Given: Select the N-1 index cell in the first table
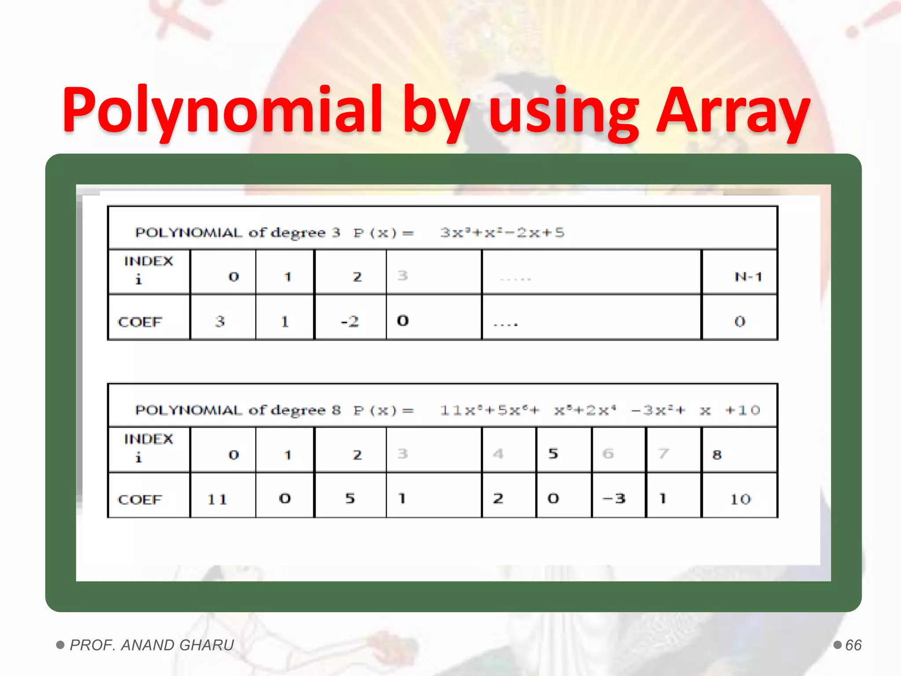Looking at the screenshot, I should tap(748, 277).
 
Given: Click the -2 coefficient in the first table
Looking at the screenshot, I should tap(350, 322).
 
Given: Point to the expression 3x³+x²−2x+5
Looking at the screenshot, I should tap(502, 232).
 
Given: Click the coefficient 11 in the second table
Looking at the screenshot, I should tap(217, 500).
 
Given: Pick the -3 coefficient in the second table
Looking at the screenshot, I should tap(614, 499).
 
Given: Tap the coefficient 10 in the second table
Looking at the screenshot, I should tap(740, 499).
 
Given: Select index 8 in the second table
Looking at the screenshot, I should tap(717, 455).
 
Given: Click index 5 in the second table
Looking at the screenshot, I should tap(553, 454).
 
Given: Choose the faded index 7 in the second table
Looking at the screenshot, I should tap(663, 453).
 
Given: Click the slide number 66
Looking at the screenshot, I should tap(853, 645).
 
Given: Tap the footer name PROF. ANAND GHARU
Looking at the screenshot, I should tap(152, 645).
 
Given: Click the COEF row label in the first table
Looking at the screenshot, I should tap(140, 322).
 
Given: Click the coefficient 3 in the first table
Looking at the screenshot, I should tap(220, 322).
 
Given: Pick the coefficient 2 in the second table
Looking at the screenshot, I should tap(498, 499).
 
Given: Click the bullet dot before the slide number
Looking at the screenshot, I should tap(838, 645).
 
